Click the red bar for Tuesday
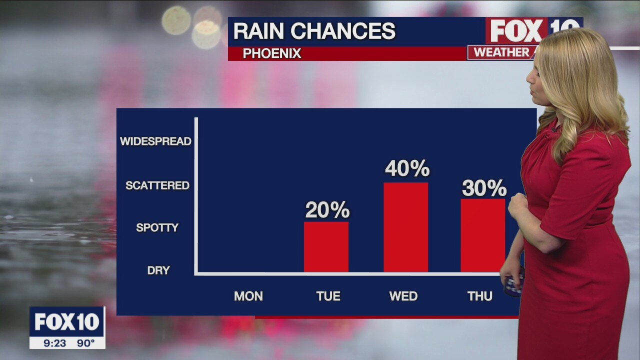tap(326, 247)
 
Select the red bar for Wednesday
tap(405, 227)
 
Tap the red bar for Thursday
tap(482, 235)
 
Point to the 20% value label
tap(327, 210)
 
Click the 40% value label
tap(407, 169)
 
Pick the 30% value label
tap(484, 188)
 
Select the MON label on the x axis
tap(248, 296)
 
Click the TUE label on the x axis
tap(328, 296)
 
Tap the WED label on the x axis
tap(403, 296)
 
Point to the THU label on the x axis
tap(480, 296)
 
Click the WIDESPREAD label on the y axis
tap(156, 141)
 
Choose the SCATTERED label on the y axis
tap(157, 185)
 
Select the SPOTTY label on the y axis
tap(157, 227)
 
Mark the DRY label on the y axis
tap(158, 270)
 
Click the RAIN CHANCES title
tap(314, 31)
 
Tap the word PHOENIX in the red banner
tap(272, 53)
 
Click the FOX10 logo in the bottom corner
tap(67, 322)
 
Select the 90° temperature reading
tap(85, 343)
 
